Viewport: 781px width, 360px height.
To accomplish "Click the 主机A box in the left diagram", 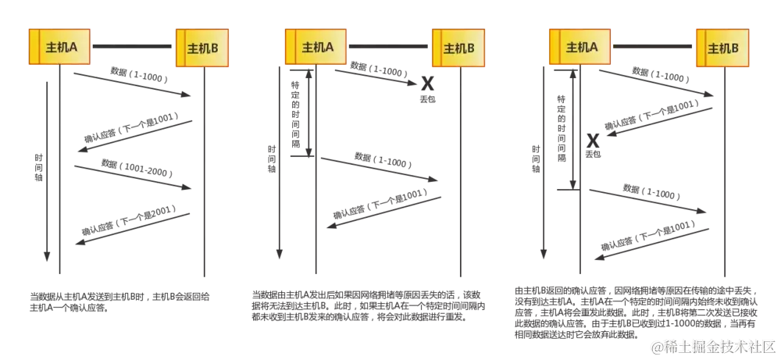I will [x=59, y=47].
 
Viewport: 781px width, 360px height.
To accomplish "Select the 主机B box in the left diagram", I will [x=203, y=48].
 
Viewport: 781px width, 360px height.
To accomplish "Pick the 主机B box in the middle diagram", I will [x=458, y=48].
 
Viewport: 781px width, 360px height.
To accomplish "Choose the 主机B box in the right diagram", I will [x=722, y=48].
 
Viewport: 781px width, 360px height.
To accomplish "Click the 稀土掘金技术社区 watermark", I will [x=711, y=344].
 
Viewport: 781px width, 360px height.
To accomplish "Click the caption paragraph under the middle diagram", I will [x=367, y=305].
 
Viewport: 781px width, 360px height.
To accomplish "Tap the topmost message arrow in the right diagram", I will [x=656, y=81].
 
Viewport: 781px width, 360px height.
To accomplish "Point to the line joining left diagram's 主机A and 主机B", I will [x=133, y=47].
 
